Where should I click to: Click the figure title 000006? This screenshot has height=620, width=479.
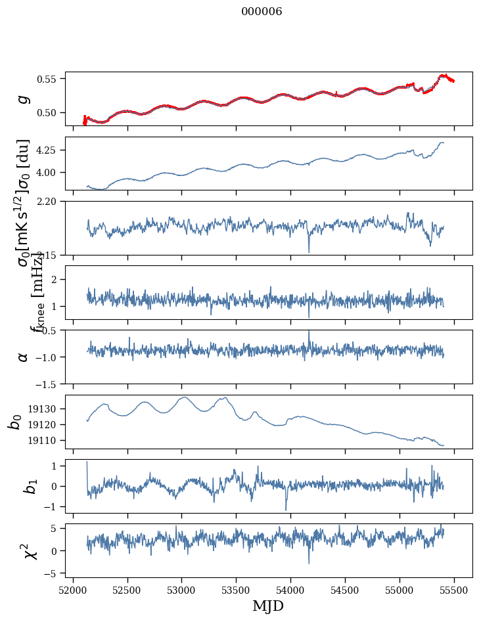(x=262, y=12)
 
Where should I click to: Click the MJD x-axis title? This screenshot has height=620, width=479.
(x=268, y=606)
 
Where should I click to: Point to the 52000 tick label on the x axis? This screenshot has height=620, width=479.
(x=73, y=590)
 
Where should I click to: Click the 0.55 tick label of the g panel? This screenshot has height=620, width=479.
(x=49, y=79)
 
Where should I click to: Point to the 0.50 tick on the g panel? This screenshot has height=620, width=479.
(x=49, y=112)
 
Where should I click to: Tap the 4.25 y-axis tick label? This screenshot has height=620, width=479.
(x=49, y=150)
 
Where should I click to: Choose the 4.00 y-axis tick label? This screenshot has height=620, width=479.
(x=49, y=172)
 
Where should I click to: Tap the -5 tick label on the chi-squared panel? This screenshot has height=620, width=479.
(x=51, y=573)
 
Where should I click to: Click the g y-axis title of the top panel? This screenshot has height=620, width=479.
(x=24, y=99)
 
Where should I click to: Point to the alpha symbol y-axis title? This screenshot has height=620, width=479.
(x=24, y=357)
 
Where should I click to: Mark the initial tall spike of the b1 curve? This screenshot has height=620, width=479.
(x=87, y=464)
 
